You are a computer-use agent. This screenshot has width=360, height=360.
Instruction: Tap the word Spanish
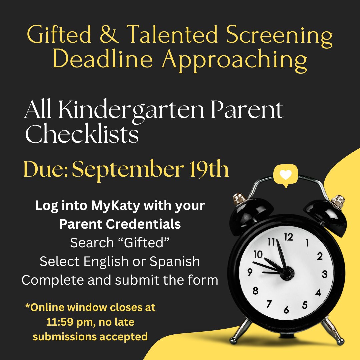pos(175,262)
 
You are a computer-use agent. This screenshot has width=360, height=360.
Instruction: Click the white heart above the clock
pos(285,174)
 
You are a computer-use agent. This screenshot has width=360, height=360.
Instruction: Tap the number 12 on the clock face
pos(288,237)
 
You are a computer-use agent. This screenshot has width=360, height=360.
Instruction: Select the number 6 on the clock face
pos(286,310)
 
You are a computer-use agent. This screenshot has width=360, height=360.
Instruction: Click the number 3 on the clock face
pos(325,275)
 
